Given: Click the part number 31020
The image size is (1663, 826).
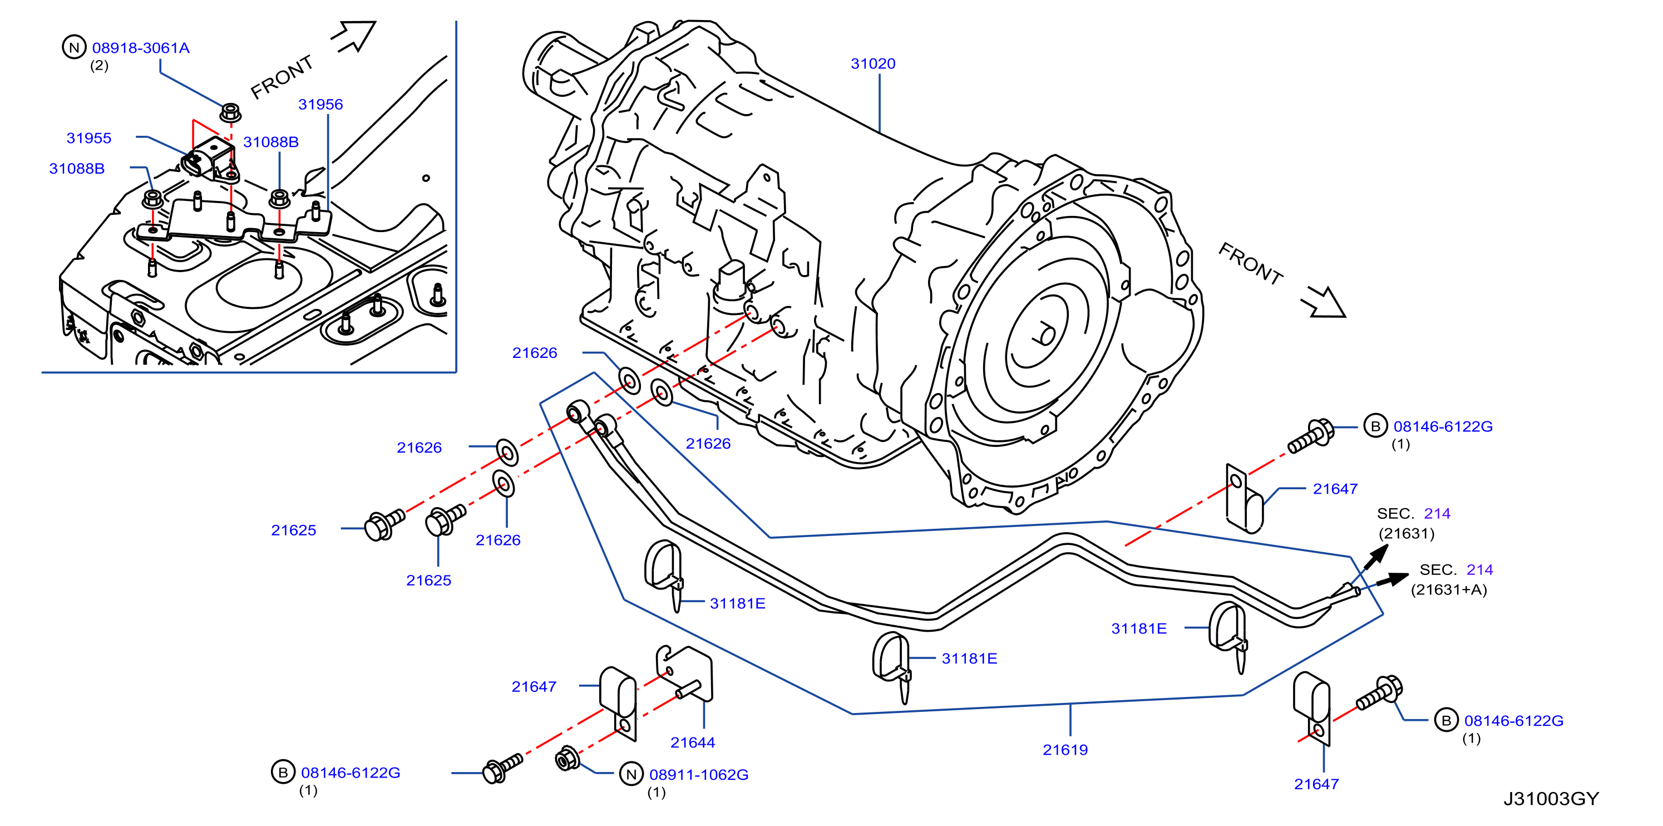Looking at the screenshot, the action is tap(873, 63).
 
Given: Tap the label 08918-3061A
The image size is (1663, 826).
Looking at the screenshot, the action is tap(141, 48).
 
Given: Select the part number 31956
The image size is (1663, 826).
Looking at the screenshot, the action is tap(320, 104).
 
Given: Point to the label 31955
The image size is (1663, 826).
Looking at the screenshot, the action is tap(89, 137).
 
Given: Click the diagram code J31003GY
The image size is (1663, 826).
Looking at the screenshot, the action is tap(1551, 798).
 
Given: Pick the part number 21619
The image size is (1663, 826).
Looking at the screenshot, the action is tap(1065, 749).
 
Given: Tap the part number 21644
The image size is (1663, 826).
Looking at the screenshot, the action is tap(693, 742).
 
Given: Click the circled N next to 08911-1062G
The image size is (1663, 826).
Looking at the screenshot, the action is tap(631, 774).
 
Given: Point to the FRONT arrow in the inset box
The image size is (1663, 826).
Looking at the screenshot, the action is tap(354, 37).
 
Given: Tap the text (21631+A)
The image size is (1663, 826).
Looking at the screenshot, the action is tap(1449, 589).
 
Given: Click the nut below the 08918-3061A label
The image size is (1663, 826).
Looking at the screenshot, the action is tap(230, 112).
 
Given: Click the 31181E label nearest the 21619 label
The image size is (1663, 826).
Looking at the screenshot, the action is tap(969, 658).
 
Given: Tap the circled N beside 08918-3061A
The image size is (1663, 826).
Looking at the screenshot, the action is tap(74, 47).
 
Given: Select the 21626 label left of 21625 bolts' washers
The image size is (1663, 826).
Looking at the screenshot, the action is tap(419, 447).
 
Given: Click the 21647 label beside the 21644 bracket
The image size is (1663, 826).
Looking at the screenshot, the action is tap(534, 686).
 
